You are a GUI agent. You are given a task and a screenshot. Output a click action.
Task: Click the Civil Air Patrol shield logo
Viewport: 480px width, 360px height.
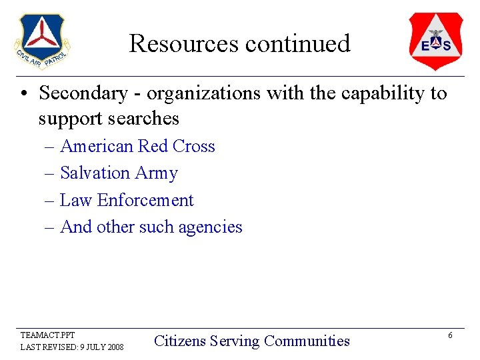(x=42, y=41)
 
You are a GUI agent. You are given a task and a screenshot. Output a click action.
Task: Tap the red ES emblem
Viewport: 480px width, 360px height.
(x=435, y=41)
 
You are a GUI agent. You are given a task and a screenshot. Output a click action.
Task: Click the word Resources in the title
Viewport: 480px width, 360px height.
(x=184, y=44)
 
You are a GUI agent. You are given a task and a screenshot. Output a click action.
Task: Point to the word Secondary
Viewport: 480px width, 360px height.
(x=83, y=93)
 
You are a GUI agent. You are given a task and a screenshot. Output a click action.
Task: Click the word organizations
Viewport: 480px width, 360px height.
(x=203, y=94)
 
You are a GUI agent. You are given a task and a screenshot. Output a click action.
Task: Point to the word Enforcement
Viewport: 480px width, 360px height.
(x=145, y=200)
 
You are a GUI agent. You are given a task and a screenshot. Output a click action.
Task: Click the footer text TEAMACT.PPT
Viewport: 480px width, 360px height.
(x=48, y=335)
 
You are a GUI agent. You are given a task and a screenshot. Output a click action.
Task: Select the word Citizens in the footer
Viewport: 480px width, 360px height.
(x=179, y=341)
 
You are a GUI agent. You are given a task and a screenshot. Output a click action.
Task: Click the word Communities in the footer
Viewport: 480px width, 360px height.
(x=307, y=341)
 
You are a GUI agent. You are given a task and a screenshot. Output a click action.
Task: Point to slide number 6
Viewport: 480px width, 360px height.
(x=450, y=335)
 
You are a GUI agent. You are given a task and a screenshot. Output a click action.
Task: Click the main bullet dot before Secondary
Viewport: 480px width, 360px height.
(x=23, y=94)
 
